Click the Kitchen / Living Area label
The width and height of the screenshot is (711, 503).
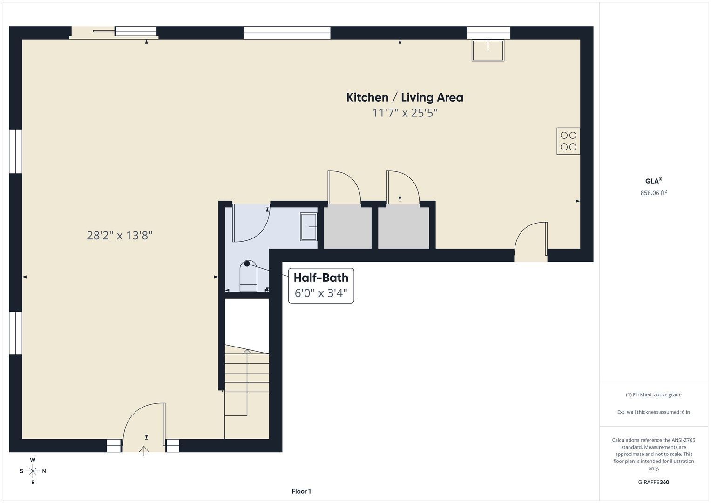pyautogui.click(x=405, y=97)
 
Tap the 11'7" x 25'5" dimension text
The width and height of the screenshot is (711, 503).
pyautogui.click(x=405, y=113)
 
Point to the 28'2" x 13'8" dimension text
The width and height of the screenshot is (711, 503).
pyautogui.click(x=120, y=235)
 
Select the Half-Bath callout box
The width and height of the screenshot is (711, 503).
pyautogui.click(x=321, y=285)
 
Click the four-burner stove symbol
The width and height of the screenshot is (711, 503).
pyautogui.click(x=568, y=141)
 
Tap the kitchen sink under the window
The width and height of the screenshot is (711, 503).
pyautogui.click(x=488, y=50)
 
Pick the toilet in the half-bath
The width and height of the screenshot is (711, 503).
pyautogui.click(x=248, y=276)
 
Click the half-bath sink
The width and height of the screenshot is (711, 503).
pyautogui.click(x=309, y=227)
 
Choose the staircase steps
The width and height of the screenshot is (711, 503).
pyautogui.click(x=247, y=381)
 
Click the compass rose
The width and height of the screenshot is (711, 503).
pyautogui.click(x=33, y=471)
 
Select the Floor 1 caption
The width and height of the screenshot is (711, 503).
pyautogui.click(x=301, y=491)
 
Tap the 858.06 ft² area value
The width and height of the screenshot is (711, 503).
pyautogui.click(x=654, y=193)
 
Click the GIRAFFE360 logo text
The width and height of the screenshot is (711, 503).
pyautogui.click(x=654, y=482)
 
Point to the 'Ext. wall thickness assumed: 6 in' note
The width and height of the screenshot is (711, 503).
pyautogui.click(x=654, y=412)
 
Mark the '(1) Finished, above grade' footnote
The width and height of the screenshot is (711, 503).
pyautogui.click(x=654, y=395)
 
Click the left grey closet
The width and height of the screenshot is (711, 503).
pyautogui.click(x=347, y=226)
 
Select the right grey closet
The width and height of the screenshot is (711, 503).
pyautogui.click(x=403, y=226)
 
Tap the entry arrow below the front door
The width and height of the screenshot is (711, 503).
pyautogui.click(x=144, y=451)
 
